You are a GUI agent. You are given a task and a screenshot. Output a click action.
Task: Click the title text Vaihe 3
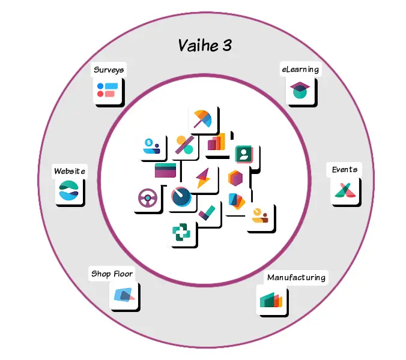click(x=205, y=46)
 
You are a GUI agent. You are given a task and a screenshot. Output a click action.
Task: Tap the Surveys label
click(x=109, y=70)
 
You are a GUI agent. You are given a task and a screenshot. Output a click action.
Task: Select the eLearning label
click(x=300, y=69)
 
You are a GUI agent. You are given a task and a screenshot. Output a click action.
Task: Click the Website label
click(x=70, y=171)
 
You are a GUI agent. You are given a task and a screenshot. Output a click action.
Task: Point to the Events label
click(x=344, y=170)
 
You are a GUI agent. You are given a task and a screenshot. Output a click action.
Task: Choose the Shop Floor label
click(x=112, y=274)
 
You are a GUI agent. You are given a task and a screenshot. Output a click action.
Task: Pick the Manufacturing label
click(x=296, y=277)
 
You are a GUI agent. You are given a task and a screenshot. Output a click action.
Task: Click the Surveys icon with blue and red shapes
click(x=108, y=90)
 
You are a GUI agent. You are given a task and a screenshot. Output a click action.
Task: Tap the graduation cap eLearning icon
click(x=300, y=90)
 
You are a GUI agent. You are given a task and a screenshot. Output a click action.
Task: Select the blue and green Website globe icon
click(x=68, y=190)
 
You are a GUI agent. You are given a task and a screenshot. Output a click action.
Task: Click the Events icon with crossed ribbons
click(x=345, y=190)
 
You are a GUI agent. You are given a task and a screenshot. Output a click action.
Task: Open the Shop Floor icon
click(x=124, y=295)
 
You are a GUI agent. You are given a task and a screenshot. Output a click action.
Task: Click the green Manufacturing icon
click(x=271, y=300)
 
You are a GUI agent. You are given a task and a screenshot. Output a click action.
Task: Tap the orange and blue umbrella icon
click(x=203, y=119)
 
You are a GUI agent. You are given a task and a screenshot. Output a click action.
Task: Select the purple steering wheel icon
click(x=148, y=198)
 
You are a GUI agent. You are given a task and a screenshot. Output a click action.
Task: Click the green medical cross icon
click(x=181, y=232)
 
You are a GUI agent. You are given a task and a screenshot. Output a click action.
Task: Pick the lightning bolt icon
click(x=203, y=178)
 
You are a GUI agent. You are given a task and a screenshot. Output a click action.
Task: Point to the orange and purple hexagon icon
click(x=235, y=178)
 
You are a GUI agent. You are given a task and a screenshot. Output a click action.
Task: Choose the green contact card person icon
click(x=244, y=154)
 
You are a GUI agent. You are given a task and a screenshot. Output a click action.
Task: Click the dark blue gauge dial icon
click(x=181, y=197)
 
